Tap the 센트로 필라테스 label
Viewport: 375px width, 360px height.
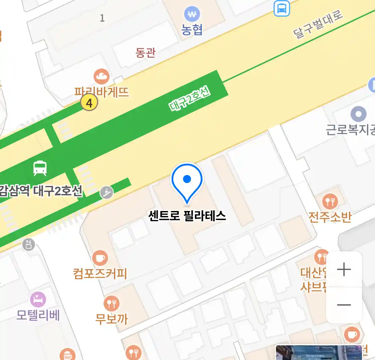(x=187, y=216)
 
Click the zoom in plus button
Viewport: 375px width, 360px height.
(x=344, y=269)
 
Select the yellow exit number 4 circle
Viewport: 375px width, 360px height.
(x=89, y=103)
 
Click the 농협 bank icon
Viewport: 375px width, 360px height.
(x=192, y=15)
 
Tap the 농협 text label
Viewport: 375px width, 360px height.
(x=192, y=30)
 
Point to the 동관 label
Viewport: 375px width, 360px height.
(x=145, y=52)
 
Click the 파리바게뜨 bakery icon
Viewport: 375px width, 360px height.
(x=101, y=77)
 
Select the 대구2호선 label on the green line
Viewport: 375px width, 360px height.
(x=189, y=99)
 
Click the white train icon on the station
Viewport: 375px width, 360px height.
(x=40, y=168)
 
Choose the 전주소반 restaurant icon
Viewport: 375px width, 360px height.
(x=330, y=201)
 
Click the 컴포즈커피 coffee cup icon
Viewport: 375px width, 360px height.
(x=100, y=258)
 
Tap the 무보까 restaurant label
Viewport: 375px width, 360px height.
(x=111, y=319)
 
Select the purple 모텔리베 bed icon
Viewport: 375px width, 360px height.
(x=38, y=299)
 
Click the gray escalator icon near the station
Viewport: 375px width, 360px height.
(x=107, y=192)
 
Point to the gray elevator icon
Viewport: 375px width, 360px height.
(x=29, y=244)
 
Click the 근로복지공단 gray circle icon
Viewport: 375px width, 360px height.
(x=358, y=114)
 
